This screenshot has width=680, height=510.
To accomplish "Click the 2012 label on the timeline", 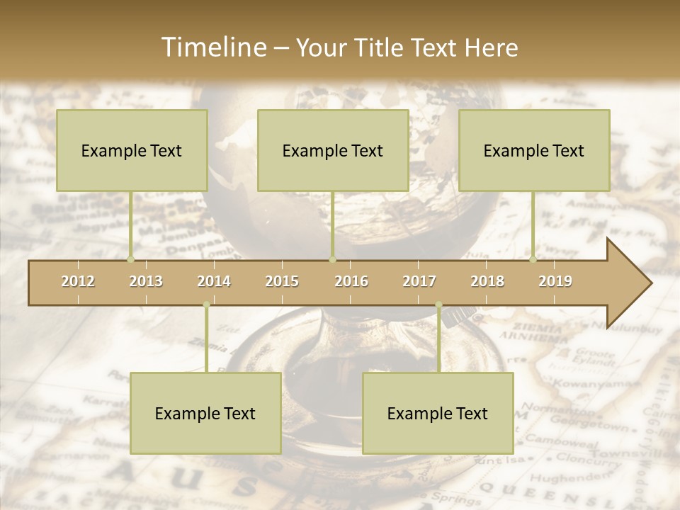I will [78, 281].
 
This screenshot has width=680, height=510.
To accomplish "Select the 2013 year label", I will [146, 281].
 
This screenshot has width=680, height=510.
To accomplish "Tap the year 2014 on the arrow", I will [214, 281].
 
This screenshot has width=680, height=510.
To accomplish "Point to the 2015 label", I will [282, 281].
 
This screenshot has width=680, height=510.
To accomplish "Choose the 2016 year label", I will [351, 281].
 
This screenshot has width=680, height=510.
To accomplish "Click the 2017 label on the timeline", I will [419, 281].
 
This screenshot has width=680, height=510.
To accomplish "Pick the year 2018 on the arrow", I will [487, 281].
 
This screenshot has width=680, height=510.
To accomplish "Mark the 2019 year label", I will [555, 281].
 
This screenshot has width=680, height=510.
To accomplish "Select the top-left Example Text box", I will [132, 150].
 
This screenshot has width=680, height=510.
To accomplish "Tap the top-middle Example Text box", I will [333, 150].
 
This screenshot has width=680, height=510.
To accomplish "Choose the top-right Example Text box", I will [534, 150].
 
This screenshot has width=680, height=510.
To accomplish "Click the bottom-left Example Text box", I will [205, 413].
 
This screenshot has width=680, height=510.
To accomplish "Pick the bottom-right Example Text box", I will [438, 413].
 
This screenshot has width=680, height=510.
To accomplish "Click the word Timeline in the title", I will [212, 47].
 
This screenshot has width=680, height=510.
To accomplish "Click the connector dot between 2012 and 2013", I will [130, 259].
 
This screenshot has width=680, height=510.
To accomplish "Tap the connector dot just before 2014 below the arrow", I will [206, 305].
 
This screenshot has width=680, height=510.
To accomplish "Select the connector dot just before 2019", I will [533, 259].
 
